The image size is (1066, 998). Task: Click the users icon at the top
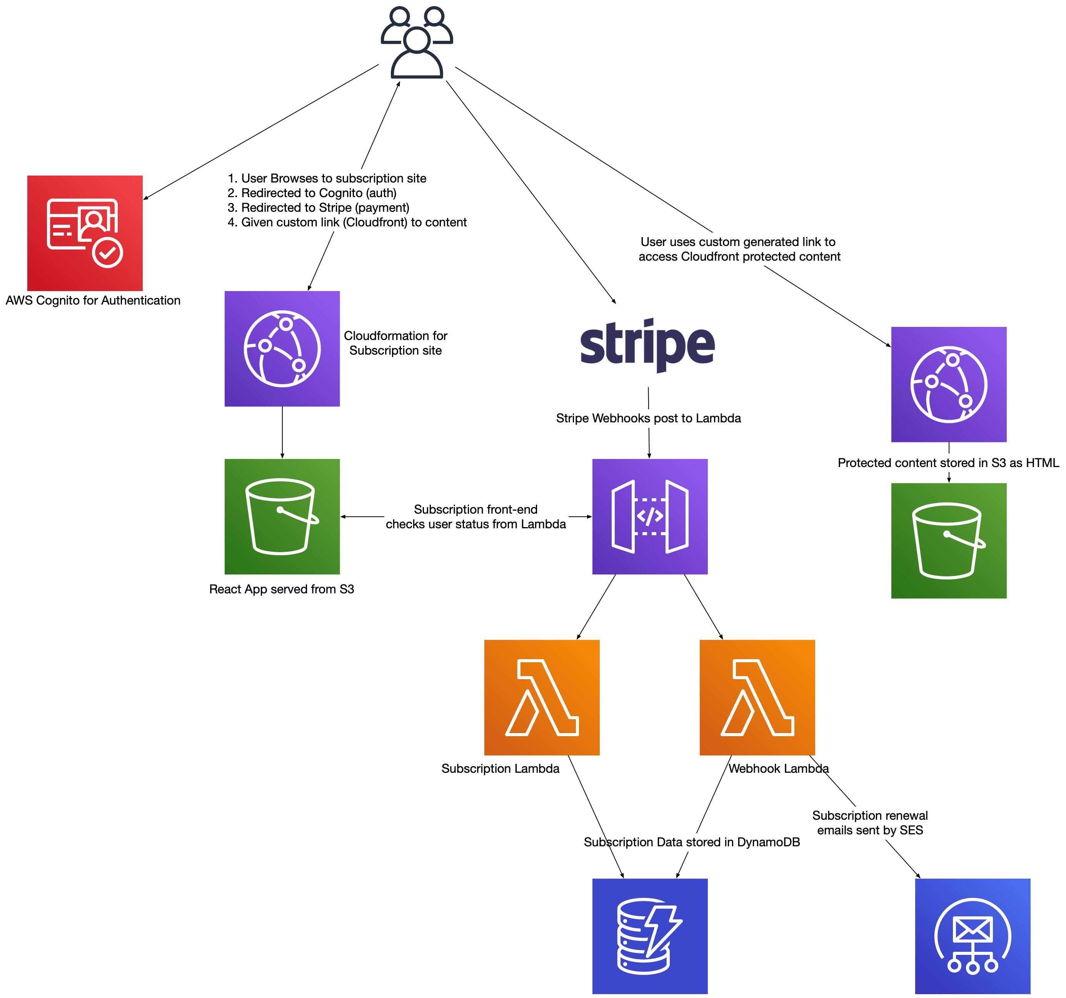coord(417,42)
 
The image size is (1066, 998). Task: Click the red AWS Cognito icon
coord(85,233)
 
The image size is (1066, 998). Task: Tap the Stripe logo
coord(647,345)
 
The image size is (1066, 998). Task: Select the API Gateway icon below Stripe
coord(650,517)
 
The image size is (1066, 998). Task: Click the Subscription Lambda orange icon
coord(542,698)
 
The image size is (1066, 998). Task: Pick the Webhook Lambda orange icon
coord(757,698)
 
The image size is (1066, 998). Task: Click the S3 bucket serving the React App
coord(282,517)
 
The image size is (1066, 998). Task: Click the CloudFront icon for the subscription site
coord(282,349)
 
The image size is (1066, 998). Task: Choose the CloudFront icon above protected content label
coord(949,385)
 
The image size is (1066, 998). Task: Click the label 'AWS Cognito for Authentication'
coord(93,300)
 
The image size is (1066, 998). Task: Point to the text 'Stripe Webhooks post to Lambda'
coord(648,419)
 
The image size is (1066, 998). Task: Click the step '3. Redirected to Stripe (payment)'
coord(319,208)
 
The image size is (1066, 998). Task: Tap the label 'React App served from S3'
coord(282,589)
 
